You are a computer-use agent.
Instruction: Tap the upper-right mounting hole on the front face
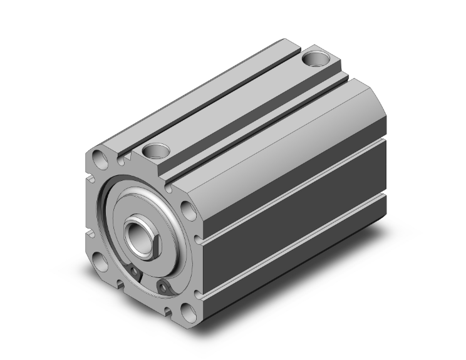click(187, 207)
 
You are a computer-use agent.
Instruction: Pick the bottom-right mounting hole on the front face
click(187, 311)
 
